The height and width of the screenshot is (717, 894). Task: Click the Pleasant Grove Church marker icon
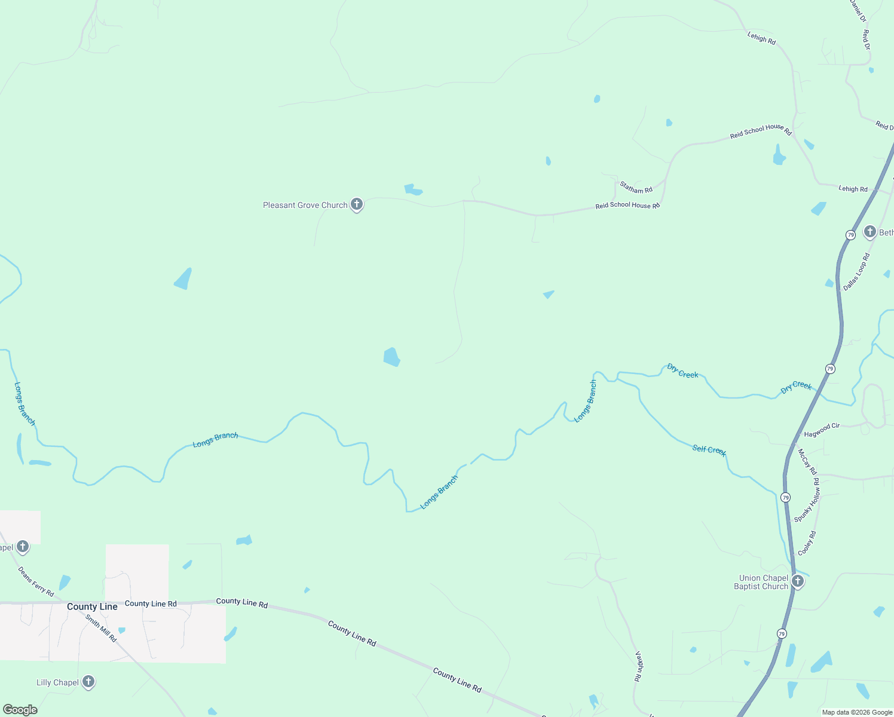357,204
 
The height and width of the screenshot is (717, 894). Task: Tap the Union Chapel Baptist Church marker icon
797,581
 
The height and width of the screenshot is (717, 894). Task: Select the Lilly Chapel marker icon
88,681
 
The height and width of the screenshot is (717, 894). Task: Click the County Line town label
92,606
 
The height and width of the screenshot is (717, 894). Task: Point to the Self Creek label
709,450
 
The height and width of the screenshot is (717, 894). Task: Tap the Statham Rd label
636,188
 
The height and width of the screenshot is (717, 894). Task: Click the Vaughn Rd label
638,666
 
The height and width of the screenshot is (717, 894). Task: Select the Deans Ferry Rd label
36,581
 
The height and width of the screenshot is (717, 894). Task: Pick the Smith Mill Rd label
100,629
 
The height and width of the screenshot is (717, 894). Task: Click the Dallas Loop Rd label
856,272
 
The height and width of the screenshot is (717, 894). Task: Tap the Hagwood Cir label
822,430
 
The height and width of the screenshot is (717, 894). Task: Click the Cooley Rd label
806,543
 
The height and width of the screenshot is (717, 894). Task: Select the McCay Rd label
807,462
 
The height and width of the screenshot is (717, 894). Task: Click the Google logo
20,710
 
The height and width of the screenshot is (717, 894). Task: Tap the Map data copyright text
857,712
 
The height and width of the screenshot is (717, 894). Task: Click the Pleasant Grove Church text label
305,205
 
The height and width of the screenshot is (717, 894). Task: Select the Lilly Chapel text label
57,682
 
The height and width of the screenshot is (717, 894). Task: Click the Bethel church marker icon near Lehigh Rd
869,231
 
